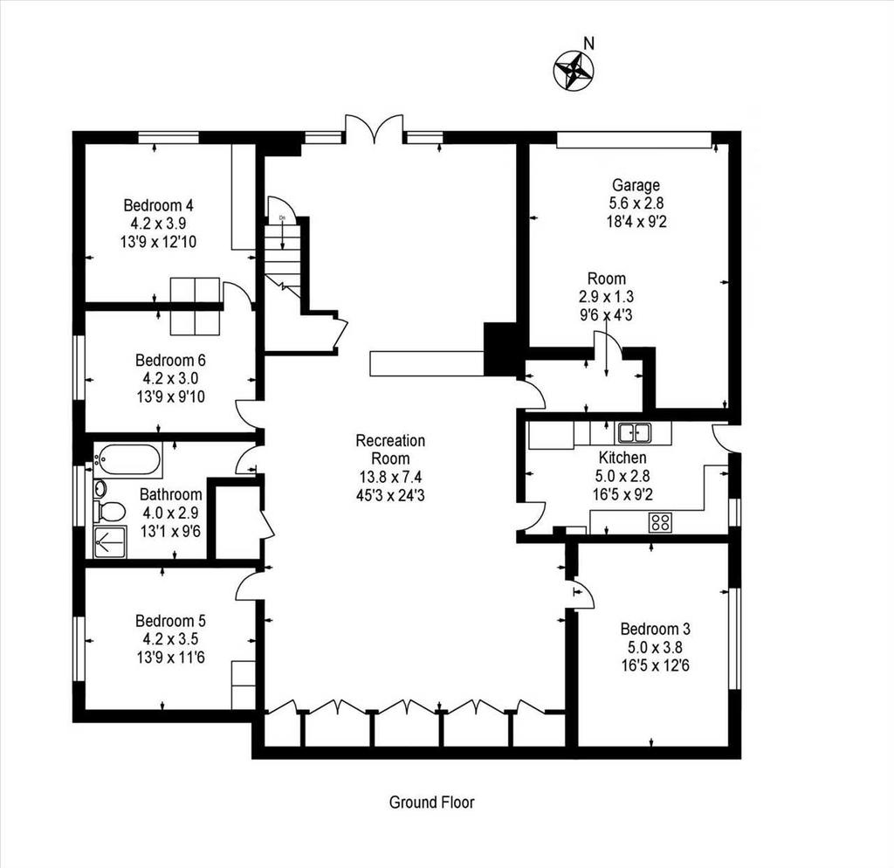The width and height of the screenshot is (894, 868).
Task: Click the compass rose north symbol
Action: [x=574, y=70]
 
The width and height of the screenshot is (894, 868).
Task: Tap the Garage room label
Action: [x=636, y=185]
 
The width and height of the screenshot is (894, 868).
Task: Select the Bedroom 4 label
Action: [x=159, y=204]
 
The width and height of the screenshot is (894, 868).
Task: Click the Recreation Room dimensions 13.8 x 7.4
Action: [x=390, y=477]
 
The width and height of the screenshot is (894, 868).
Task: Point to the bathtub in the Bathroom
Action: [x=127, y=461]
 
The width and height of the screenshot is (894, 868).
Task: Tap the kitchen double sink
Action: [x=634, y=433]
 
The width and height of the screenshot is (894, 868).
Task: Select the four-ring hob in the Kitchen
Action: [x=661, y=522]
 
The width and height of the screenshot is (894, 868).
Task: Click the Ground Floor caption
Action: [x=431, y=803]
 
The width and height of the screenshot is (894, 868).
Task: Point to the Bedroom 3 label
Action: [x=655, y=629]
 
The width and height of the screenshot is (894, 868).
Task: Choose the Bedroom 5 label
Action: [x=170, y=621]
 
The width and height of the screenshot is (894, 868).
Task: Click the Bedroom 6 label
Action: [x=170, y=361]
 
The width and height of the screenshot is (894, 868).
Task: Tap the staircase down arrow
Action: [x=282, y=234]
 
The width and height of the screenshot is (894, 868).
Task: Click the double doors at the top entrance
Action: [x=374, y=128]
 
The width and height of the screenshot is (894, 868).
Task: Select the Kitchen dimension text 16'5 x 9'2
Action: [x=622, y=494]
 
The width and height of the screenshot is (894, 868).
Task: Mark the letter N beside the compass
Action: [x=589, y=44]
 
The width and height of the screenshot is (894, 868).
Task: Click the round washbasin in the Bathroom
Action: [x=100, y=489]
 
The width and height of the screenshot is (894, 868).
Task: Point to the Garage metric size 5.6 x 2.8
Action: [x=636, y=203]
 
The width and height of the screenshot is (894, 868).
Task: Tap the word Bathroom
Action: [x=170, y=494]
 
